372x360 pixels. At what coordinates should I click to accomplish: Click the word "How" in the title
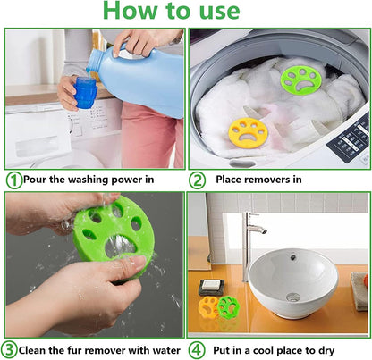pos(131,11)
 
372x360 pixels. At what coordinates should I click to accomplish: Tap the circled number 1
pos(14,180)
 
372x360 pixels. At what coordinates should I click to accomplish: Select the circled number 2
pos(197,180)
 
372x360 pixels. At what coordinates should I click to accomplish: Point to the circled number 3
pos(9,349)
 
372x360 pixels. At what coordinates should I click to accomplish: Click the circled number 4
pos(197,350)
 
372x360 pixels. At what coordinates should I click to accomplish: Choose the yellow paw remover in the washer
pos(248,132)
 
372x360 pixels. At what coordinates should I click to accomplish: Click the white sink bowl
pos(292,283)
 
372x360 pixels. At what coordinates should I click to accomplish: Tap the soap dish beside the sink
pos(211,288)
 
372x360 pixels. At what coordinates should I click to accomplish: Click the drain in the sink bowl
pos(293,297)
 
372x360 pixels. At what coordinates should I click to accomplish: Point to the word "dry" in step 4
pos(326,351)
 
